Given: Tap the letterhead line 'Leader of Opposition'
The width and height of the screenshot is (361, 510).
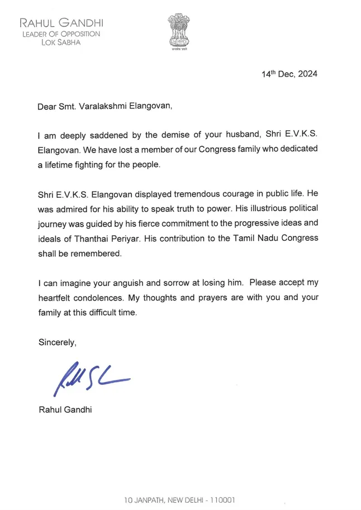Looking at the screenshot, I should (61, 34).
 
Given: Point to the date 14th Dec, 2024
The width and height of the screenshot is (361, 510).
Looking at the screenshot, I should (289, 74).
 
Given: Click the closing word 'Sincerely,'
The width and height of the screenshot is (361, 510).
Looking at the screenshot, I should (57, 342).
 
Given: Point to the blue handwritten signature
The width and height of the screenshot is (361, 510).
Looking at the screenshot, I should (89, 377).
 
